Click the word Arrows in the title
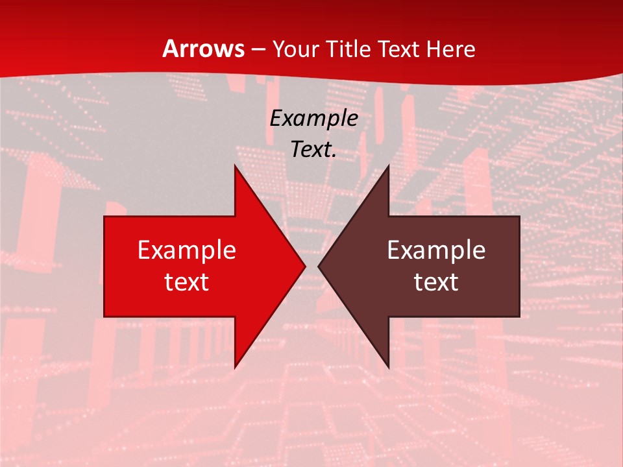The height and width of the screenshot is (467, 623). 204,49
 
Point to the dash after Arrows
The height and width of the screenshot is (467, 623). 258,50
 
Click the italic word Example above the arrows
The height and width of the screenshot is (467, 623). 313,118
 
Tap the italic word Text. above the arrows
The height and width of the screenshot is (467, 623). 313,150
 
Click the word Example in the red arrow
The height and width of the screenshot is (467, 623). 186,250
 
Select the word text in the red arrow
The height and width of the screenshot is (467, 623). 186,282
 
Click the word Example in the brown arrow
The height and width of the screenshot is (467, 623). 436,250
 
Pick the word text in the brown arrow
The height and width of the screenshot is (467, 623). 436,282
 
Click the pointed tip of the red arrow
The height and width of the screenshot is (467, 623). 306,266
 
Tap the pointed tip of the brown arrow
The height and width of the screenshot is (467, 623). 318,266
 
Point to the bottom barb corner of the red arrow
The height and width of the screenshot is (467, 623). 235,368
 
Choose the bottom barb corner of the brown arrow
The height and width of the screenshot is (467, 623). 389,368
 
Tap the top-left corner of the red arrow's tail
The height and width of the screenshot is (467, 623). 104,217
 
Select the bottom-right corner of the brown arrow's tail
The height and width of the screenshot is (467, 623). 519,317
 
